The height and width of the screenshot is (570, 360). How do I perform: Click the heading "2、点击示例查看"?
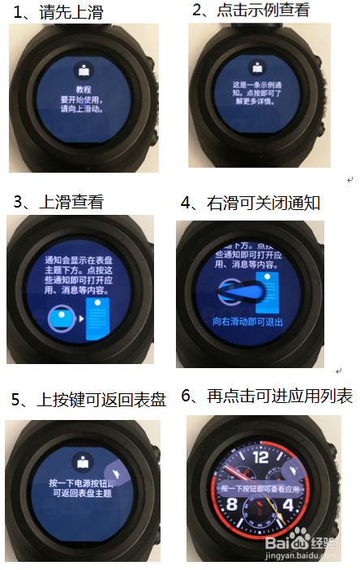click(251, 11)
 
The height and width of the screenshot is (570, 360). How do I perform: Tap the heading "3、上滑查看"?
click(58, 202)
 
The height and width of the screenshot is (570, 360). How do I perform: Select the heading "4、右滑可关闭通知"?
click(251, 203)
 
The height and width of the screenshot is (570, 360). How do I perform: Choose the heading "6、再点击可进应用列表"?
click(267, 396)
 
